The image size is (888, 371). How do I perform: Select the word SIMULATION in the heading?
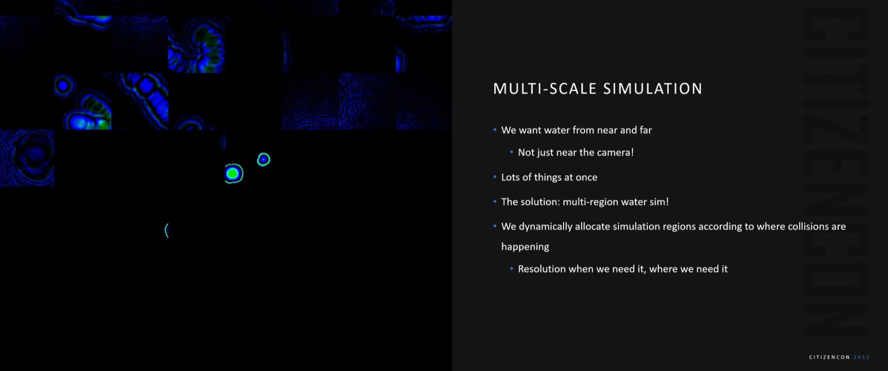653,89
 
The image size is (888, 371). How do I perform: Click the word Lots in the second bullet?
511,177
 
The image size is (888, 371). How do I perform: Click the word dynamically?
545,227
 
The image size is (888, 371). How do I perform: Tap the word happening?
525,247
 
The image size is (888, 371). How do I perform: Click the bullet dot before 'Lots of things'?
495,177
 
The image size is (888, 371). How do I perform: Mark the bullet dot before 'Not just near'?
511,152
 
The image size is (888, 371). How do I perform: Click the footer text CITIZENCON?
829,357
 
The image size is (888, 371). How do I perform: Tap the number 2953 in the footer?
862,357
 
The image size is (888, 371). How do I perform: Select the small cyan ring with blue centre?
264,159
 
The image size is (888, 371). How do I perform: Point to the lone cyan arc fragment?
166,230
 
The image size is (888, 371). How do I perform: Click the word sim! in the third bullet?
659,202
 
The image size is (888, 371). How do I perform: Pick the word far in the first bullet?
645,130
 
